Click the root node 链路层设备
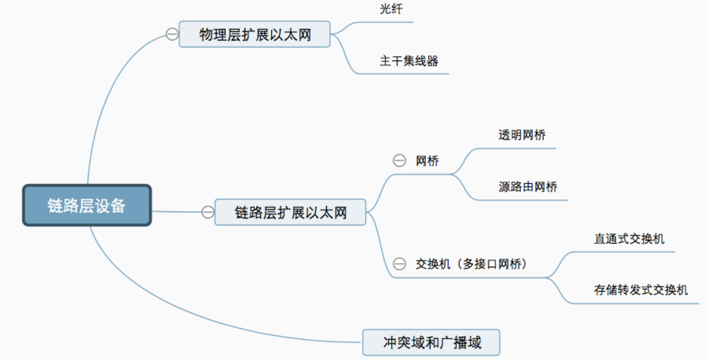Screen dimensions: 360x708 click(x=87, y=205)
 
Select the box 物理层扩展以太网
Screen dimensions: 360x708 click(x=255, y=35)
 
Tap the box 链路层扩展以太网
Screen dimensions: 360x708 click(x=290, y=212)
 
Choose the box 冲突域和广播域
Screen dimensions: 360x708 click(x=432, y=342)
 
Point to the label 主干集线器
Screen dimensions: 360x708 click(x=409, y=61)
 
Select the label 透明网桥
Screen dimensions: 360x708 click(x=522, y=135)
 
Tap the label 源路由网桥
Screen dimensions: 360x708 click(x=528, y=187)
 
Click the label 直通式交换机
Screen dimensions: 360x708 click(x=629, y=238)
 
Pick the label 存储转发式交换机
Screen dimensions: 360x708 click(x=641, y=290)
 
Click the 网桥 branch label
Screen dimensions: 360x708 click(x=427, y=161)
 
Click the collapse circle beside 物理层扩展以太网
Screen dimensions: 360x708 click(x=172, y=34)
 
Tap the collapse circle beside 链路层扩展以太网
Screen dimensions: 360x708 click(x=208, y=212)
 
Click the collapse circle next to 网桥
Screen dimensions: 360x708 click(x=399, y=161)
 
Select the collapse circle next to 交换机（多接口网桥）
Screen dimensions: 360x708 click(x=399, y=264)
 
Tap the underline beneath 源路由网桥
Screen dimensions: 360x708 click(x=530, y=200)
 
